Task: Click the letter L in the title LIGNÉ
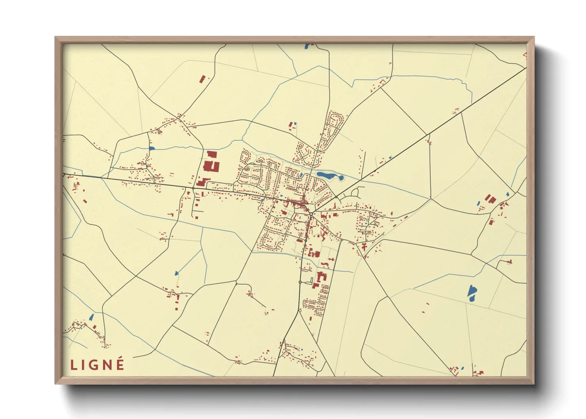coord(73,365)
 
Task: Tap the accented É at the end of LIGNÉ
coord(120,364)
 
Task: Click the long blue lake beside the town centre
coord(329,175)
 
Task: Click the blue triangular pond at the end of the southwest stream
coord(176,273)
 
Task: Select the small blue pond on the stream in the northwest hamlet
coord(151,149)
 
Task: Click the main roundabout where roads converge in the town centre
coord(311,214)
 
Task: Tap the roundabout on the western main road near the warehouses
coord(193,188)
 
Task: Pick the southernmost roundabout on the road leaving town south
coord(300,282)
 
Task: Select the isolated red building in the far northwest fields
coord(203,79)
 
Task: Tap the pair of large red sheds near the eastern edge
coord(490,199)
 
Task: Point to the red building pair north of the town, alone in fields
coord(292,126)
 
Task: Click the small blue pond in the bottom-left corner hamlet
coord(91,317)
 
